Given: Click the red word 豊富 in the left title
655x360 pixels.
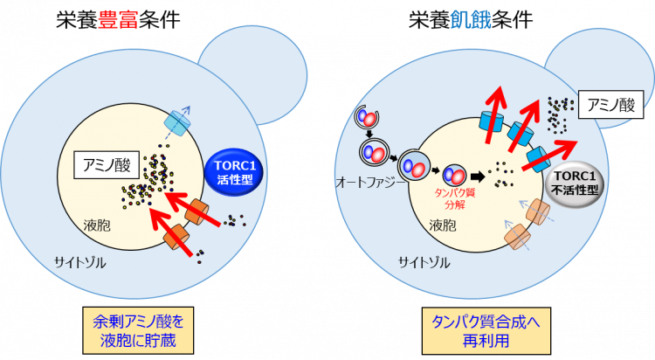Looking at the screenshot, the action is point(118,19).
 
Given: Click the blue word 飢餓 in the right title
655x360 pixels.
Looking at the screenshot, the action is point(471,19).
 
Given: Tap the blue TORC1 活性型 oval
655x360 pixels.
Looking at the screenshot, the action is point(235,172).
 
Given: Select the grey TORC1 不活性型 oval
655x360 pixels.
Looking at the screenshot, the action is point(576,183).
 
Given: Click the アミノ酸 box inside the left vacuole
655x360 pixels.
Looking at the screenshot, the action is point(107,165).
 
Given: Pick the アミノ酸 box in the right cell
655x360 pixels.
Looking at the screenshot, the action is point(610,105).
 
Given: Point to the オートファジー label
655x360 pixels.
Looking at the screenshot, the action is point(370,183).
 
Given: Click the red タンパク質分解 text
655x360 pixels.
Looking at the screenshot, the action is point(455,198).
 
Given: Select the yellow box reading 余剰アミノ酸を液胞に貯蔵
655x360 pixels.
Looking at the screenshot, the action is point(138,331).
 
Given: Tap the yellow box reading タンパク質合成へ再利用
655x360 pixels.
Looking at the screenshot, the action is point(486,331).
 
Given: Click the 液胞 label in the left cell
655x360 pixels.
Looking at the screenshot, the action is point(96,225).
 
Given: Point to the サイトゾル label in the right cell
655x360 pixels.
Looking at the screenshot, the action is point(424,263).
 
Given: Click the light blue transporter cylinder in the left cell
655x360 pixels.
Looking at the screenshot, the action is point(178,123).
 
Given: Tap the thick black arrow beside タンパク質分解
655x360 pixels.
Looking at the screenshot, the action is point(478,177).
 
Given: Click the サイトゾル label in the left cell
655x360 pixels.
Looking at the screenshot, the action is point(79,263).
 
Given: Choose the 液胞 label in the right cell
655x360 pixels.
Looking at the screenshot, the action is point(443,225).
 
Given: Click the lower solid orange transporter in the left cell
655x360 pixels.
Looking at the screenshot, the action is point(176,237).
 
